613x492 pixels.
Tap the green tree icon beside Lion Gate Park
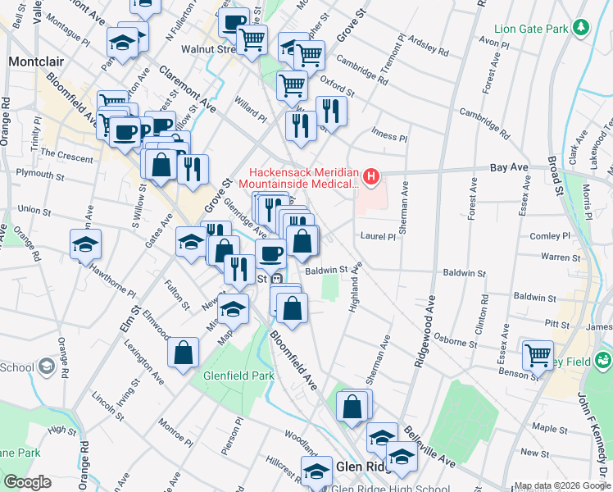coord(581,28)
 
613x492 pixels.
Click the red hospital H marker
coord(372,175)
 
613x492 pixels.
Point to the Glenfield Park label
coord(238,376)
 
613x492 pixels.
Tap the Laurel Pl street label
coord(378,236)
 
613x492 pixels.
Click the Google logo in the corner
coord(27,481)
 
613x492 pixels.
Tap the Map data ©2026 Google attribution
coord(562,485)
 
